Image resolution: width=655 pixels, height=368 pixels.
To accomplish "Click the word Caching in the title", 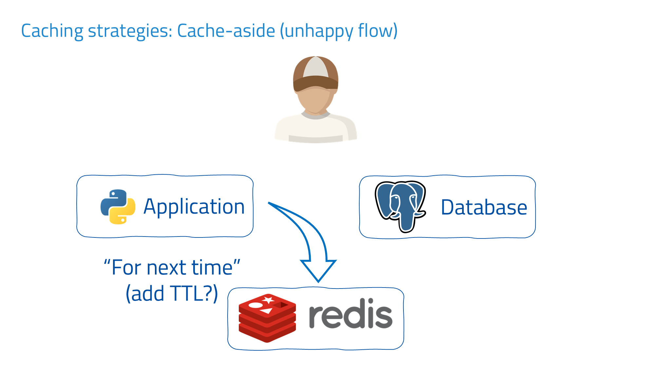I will point(52,31).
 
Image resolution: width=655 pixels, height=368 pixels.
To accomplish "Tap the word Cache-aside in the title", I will point(226,31).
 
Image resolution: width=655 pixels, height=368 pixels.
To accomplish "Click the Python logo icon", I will point(118,207).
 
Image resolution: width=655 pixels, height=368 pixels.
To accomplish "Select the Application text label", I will point(194,207).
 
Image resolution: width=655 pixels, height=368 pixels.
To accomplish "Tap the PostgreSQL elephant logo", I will point(400,206).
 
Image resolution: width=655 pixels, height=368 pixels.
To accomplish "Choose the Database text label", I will point(484,207).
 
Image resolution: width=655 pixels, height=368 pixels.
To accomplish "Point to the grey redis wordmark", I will point(350,314).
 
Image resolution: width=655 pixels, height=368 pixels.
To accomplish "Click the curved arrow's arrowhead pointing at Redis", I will point(318,270).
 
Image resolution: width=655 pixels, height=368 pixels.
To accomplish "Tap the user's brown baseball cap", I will point(315,74).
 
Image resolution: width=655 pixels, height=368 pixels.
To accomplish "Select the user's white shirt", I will point(315,129).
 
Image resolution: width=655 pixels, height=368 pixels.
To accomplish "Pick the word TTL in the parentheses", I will point(188,293).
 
